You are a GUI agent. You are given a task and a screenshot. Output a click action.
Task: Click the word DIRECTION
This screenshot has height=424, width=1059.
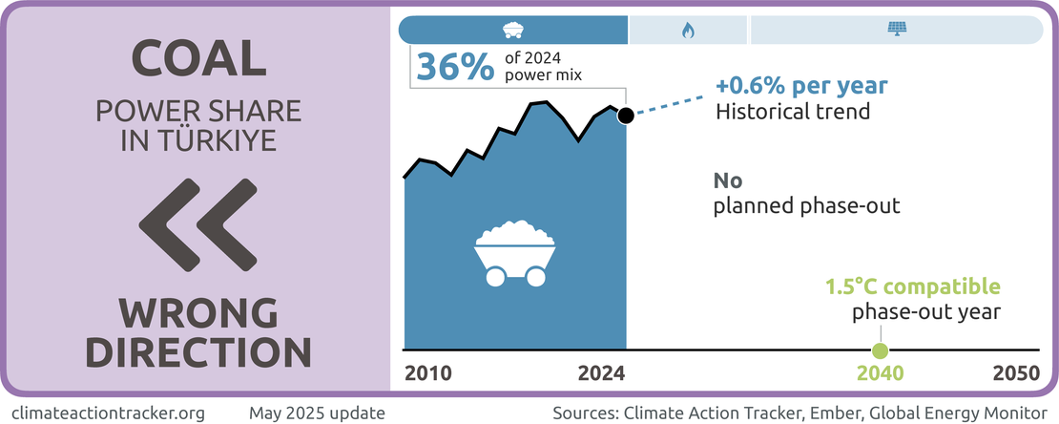tap(198, 350)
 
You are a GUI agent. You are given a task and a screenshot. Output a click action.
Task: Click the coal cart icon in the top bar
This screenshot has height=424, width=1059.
tap(513, 30)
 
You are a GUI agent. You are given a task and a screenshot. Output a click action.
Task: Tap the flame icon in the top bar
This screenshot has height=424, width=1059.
tap(689, 30)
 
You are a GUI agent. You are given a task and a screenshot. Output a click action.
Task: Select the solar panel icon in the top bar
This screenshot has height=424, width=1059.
tap(896, 30)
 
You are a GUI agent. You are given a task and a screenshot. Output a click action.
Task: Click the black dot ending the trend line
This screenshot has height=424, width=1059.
tap(625, 116)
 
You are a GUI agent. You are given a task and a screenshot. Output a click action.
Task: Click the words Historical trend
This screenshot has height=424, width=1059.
tap(793, 111)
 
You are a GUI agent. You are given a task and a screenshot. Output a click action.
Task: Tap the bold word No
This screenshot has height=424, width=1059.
tap(728, 181)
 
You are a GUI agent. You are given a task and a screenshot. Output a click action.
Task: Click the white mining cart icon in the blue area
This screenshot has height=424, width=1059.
tap(515, 253)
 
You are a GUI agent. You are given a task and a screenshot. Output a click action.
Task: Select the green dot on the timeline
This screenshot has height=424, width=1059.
tap(880, 350)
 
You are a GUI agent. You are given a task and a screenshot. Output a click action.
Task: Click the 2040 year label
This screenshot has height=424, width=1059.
tap(880, 373)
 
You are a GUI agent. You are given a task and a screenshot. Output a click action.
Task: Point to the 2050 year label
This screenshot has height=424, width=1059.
tap(1015, 373)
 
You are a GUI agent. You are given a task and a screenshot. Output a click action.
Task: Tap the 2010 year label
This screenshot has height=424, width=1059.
tap(427, 373)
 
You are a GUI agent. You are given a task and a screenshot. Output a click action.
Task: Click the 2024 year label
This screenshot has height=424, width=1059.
tap(601, 373)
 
